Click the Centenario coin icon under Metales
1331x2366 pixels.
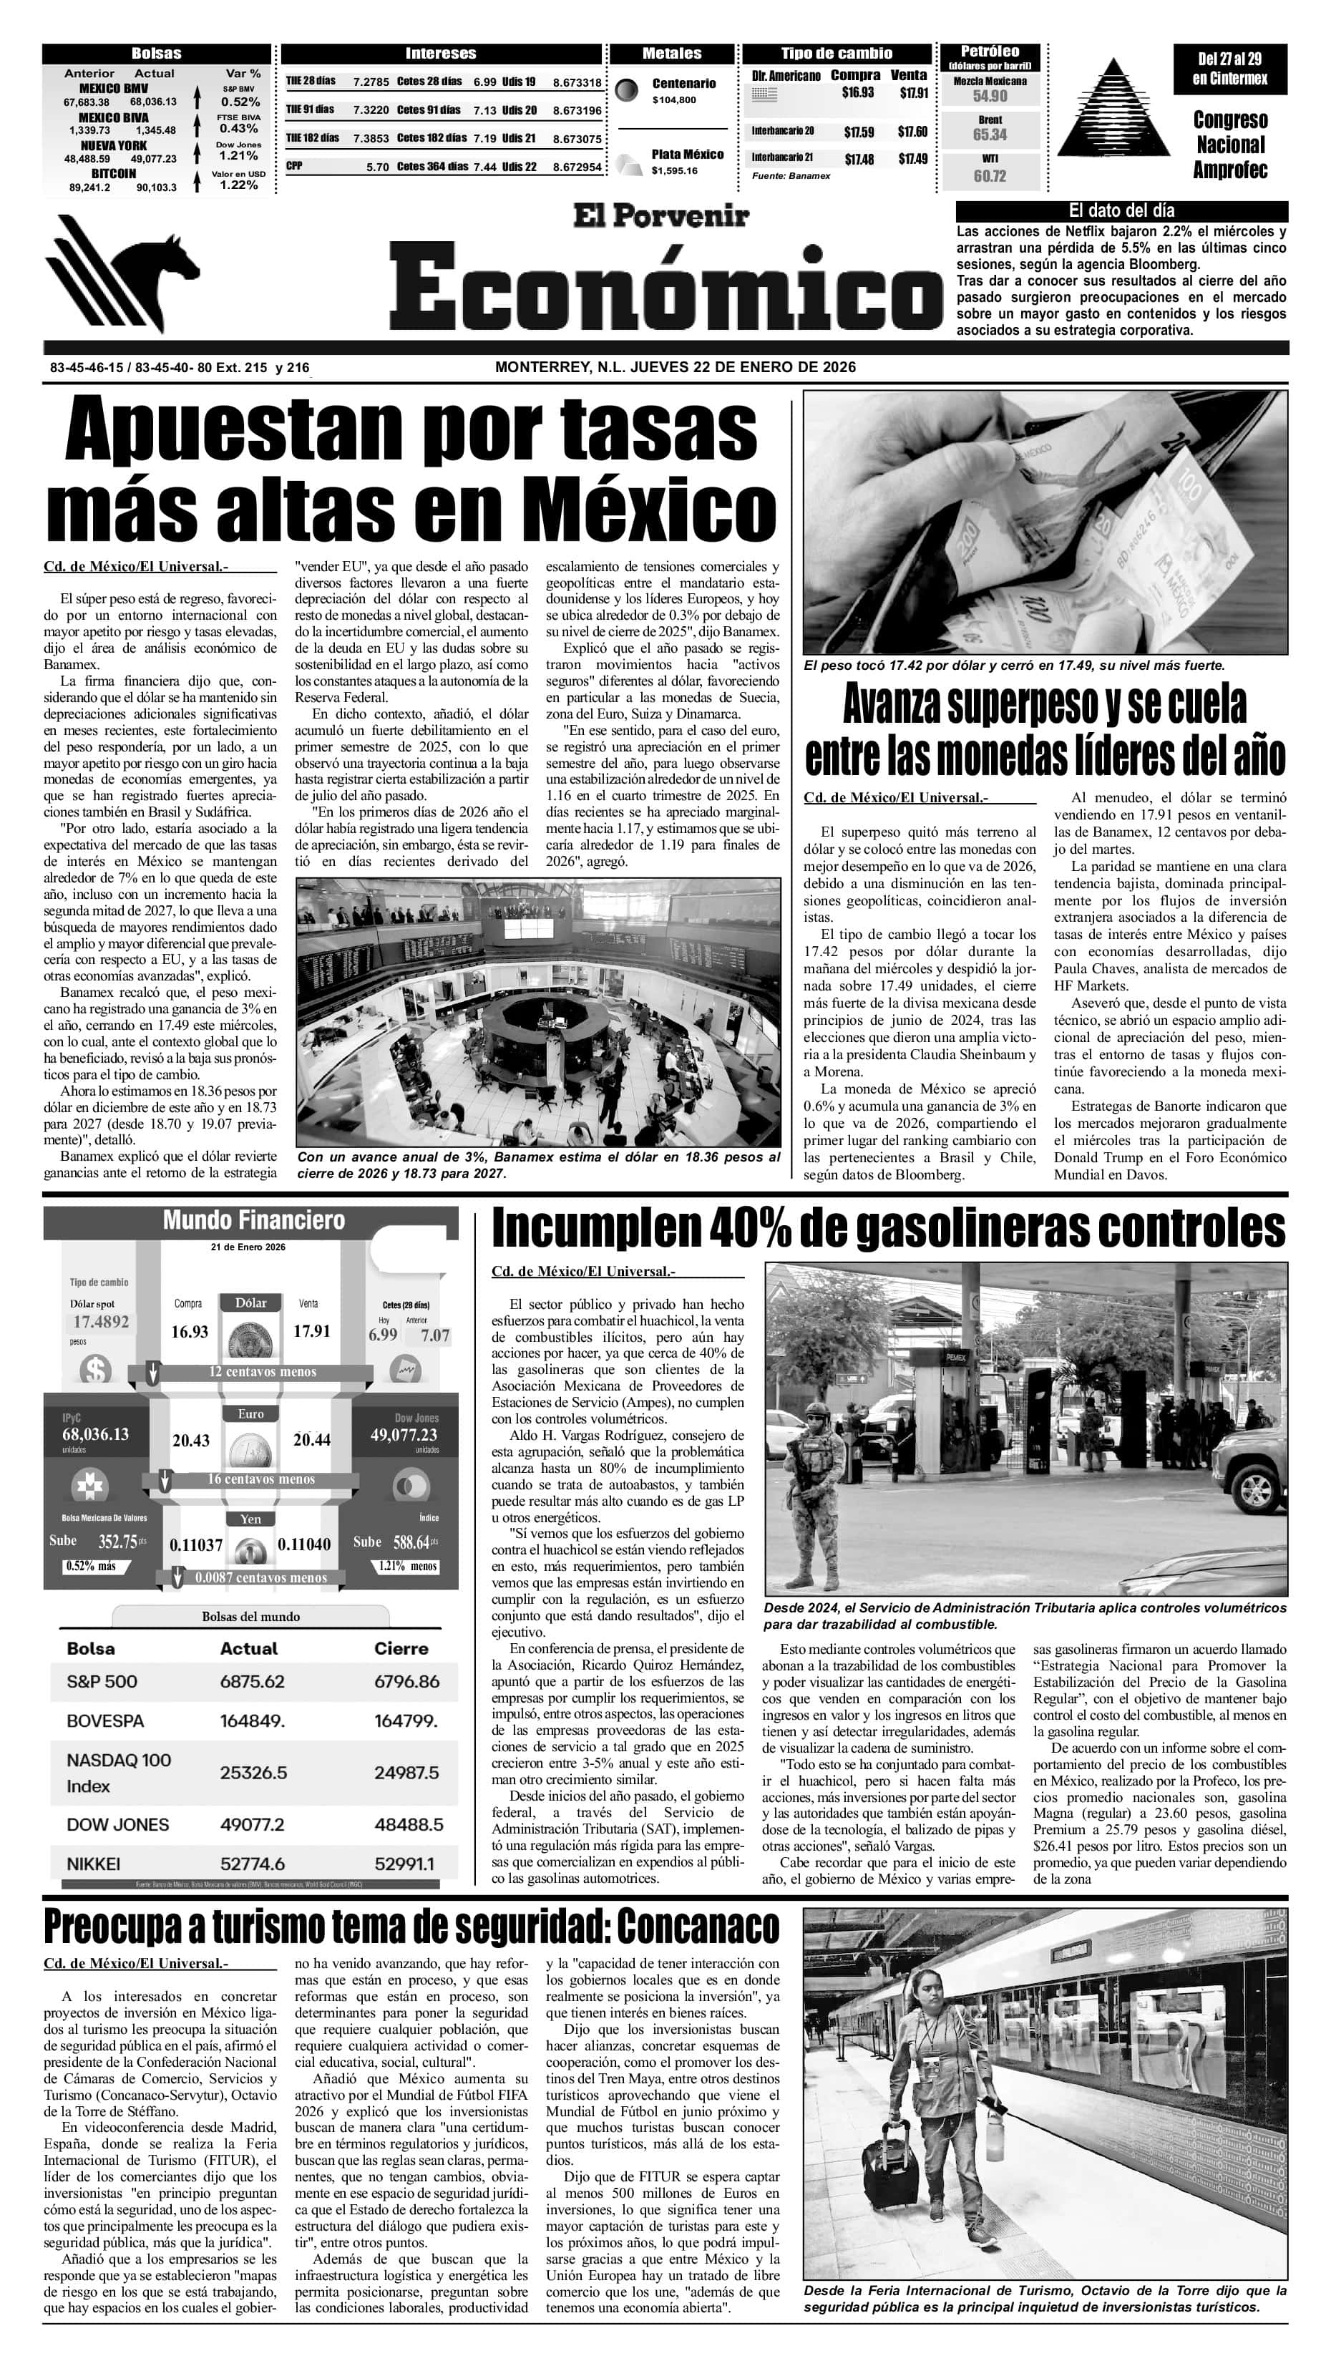pos(628,90)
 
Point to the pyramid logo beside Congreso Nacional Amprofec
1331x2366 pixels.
pos(1114,108)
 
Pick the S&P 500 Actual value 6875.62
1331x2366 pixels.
pos(252,1682)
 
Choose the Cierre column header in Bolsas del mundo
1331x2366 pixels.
pos(401,1647)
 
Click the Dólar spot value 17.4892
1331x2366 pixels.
pos(101,1322)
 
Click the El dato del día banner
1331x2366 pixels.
pos(1121,210)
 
